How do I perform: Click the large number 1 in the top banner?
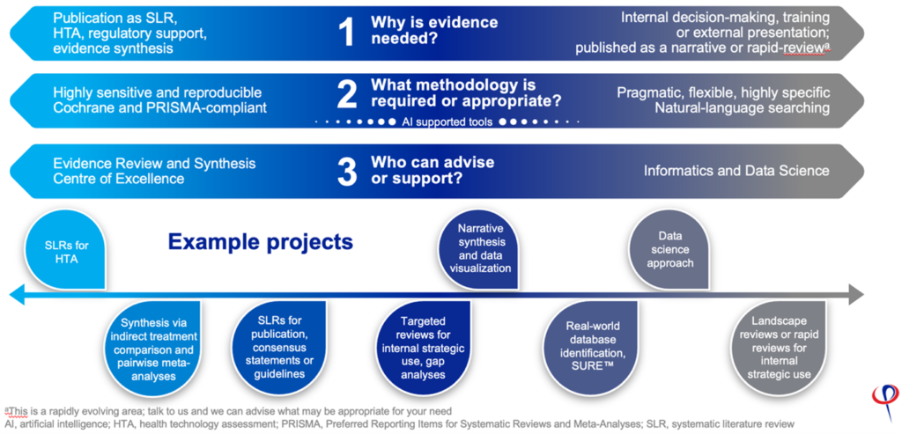(347, 33)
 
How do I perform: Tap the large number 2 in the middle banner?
(347, 95)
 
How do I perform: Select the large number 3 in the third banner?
(347, 172)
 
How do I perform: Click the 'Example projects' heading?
(260, 242)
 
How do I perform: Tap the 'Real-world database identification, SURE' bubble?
(587, 347)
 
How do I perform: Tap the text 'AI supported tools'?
(447, 122)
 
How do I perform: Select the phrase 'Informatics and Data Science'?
(736, 171)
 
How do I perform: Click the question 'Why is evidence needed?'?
(434, 31)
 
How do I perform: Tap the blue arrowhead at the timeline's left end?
(18, 294)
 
